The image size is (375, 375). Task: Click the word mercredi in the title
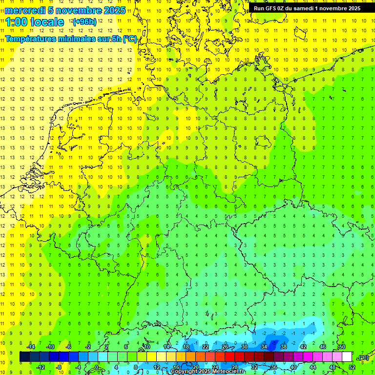pos(25,10)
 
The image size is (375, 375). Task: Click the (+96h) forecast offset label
pos(84,22)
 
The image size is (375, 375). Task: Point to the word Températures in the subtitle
pos(34,39)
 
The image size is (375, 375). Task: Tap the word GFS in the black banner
pos(271,8)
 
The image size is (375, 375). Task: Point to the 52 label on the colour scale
pos(352,367)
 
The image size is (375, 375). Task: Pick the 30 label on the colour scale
pos(244,347)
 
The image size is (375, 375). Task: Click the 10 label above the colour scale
pos(146,347)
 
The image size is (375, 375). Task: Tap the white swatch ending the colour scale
pos(347,357)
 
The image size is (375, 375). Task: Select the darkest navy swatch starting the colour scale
pos(24,357)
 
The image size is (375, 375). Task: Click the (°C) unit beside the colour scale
pos(363,357)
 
